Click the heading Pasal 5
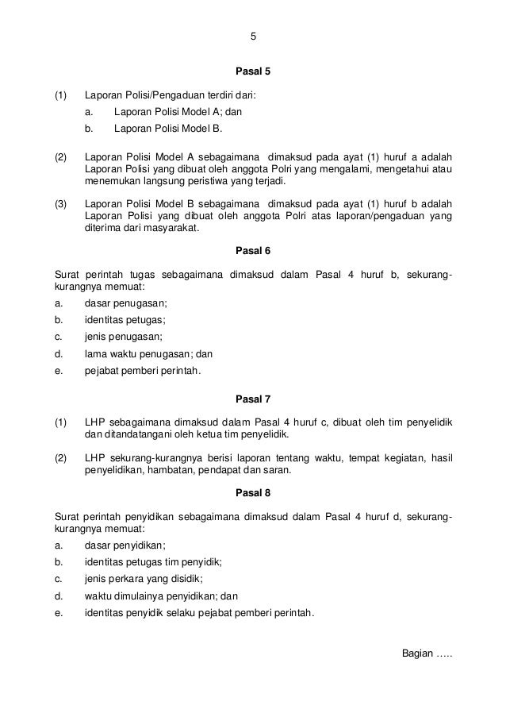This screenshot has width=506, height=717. [x=253, y=72]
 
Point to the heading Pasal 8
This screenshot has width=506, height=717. [x=253, y=492]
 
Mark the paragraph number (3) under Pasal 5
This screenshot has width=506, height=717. [x=61, y=202]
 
